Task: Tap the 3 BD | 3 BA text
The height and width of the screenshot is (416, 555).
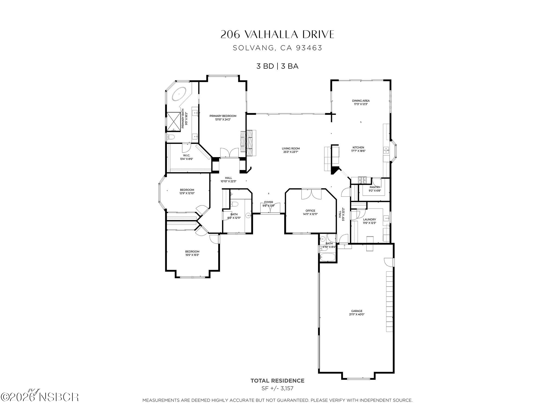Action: (x=277, y=66)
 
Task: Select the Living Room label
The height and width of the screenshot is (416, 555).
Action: (x=291, y=148)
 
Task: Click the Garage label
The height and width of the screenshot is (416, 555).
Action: (x=357, y=311)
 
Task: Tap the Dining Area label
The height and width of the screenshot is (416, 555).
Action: (x=361, y=101)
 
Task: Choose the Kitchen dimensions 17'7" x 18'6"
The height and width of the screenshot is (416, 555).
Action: (x=358, y=151)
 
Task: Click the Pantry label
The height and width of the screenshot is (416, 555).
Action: (x=375, y=187)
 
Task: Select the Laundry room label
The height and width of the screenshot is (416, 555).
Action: (x=369, y=220)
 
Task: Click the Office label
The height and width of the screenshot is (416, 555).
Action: (x=310, y=211)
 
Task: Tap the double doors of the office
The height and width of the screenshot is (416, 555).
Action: (x=311, y=194)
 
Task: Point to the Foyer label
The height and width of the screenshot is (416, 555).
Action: (x=269, y=202)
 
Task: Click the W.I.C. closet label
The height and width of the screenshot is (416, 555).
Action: (x=186, y=155)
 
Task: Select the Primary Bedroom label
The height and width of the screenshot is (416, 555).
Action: (x=223, y=116)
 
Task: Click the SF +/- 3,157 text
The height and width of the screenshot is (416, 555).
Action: (x=277, y=388)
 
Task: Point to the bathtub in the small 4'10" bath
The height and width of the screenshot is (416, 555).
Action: (x=327, y=257)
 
